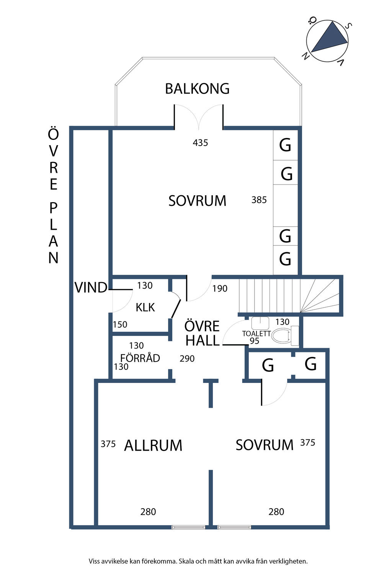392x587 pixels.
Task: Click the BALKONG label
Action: coord(197,89)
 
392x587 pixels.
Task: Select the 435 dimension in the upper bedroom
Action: coord(200,143)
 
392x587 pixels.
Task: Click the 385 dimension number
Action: coord(259,200)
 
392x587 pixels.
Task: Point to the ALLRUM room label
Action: coord(153,446)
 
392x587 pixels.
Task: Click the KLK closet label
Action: coord(145,307)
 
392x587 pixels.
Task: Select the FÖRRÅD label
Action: coord(140,358)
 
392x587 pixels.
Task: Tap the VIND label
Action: coord(91,287)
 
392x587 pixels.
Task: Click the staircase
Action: coord(287,296)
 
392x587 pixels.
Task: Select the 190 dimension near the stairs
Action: coord(220,289)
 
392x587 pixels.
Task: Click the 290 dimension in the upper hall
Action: coord(187,358)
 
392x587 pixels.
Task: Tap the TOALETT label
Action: coord(256,334)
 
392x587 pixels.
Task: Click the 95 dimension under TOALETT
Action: coord(254,341)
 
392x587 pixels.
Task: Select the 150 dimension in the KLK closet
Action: coord(120,324)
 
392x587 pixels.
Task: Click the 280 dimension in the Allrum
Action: coord(148,512)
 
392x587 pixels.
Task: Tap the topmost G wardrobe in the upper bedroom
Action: coord(285,145)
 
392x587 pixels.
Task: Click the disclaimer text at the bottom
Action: coord(198,561)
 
